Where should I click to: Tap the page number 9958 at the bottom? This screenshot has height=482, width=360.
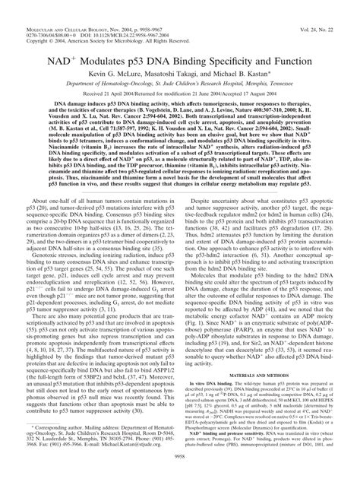(180, 475)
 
